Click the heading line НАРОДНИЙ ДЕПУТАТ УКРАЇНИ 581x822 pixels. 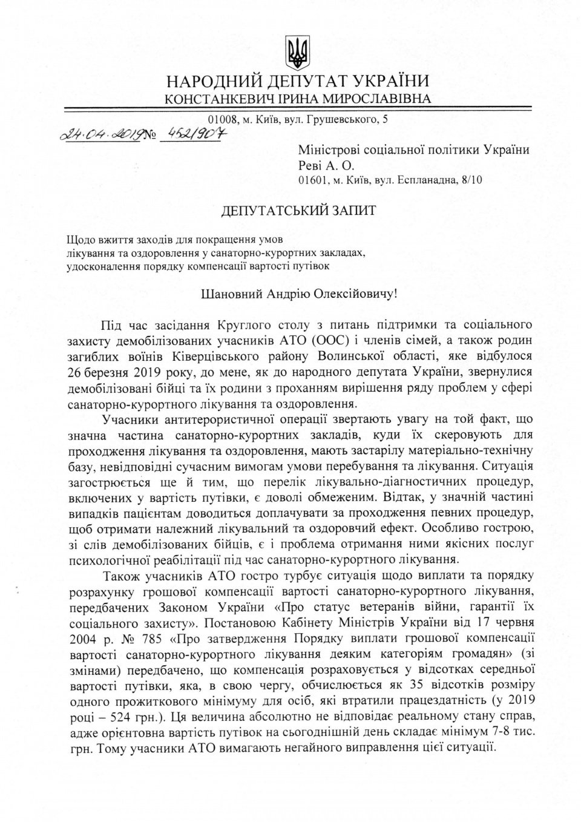tap(298, 81)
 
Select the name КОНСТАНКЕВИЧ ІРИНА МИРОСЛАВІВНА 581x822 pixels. tap(298, 99)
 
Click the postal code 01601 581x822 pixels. tap(312, 180)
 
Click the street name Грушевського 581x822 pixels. tap(346, 120)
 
